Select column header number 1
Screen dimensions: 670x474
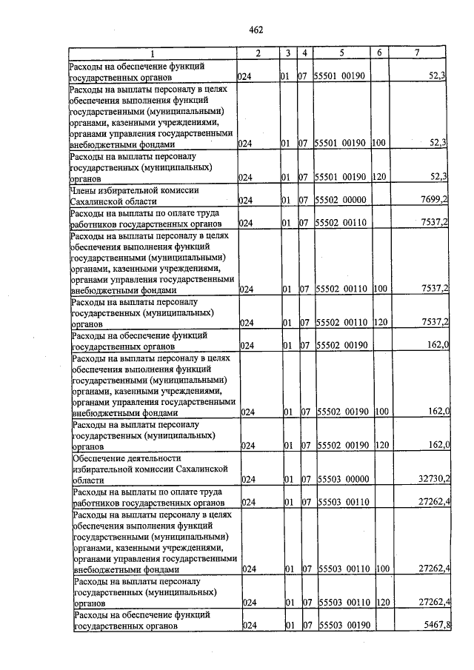click(152, 53)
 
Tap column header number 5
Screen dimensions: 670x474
click(341, 53)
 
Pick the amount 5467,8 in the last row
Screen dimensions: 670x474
click(435, 626)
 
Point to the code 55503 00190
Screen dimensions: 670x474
click(344, 626)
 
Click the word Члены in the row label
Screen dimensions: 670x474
click(83, 190)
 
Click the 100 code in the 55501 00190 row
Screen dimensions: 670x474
click(378, 143)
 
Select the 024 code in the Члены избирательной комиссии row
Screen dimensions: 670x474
click(246, 200)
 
